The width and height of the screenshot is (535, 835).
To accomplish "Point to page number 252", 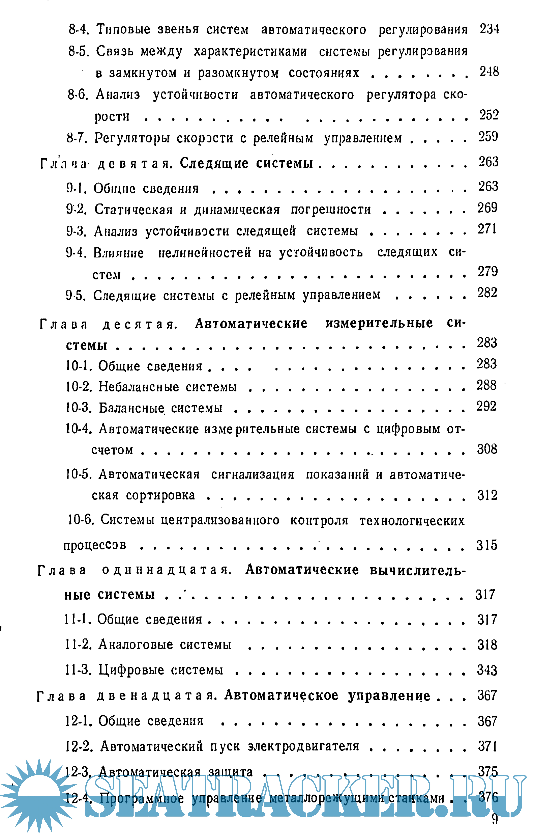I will point(489,115).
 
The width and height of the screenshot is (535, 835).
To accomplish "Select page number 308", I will point(487,449).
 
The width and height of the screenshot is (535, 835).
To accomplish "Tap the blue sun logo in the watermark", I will point(39,795).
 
